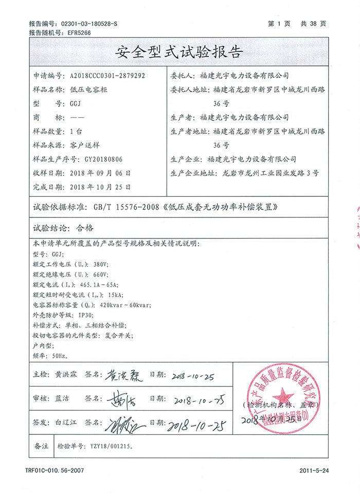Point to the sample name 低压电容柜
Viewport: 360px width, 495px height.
pos(85,89)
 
